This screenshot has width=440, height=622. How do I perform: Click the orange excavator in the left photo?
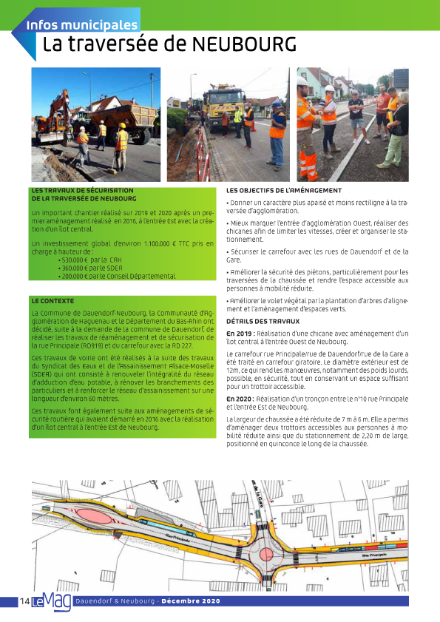pos(55,118)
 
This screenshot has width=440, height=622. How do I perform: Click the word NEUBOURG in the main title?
pos(244,45)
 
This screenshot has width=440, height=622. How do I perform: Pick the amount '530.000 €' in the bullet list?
pos(72,260)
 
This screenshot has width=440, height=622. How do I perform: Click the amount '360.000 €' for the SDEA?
pos(72,268)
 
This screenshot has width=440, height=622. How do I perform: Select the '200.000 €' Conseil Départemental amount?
pos(72,276)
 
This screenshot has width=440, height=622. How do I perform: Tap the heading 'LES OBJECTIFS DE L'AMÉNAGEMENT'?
pos(283,191)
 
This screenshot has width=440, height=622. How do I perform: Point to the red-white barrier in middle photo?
pos(202,152)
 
